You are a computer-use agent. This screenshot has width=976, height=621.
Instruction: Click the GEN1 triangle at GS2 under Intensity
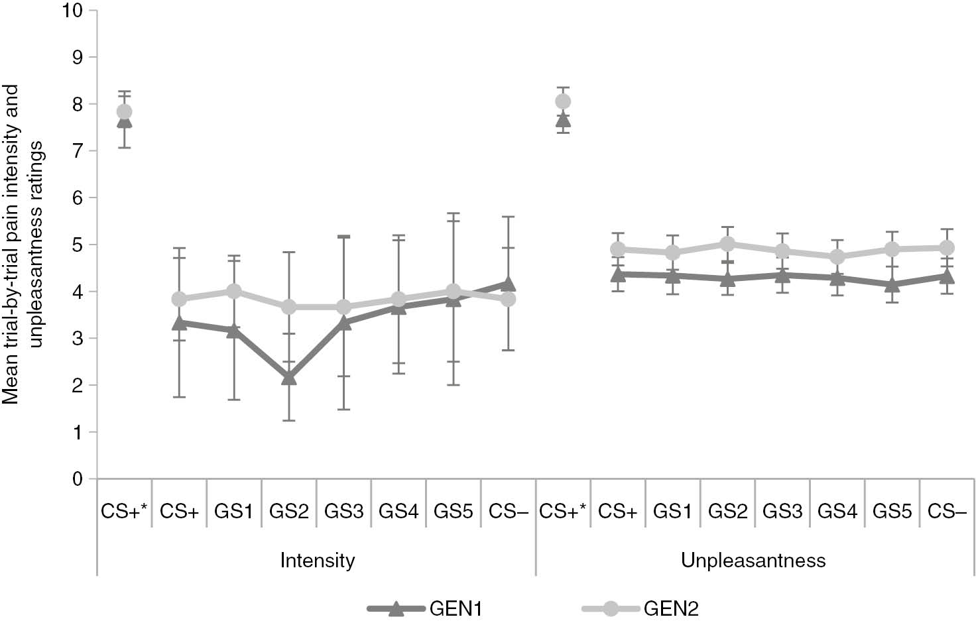click(x=289, y=378)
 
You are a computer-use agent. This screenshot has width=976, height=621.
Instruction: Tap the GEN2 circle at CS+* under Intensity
click(x=124, y=111)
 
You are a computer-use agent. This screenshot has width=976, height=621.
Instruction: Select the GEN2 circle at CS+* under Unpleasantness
click(x=563, y=101)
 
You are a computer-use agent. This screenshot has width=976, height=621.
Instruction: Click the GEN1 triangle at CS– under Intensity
click(x=509, y=284)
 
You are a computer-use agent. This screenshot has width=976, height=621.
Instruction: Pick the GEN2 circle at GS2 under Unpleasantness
click(x=728, y=244)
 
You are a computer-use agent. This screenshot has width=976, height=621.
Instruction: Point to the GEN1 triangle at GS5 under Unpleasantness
click(x=892, y=285)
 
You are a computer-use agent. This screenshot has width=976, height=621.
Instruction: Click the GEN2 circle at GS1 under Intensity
click(x=233, y=292)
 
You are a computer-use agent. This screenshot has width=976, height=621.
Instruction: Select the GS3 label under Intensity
click(x=343, y=512)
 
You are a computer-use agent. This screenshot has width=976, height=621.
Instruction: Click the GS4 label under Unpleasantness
click(x=837, y=512)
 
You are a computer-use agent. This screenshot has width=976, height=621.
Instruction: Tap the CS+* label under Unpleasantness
click(x=563, y=512)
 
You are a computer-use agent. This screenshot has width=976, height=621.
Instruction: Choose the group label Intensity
click(x=317, y=561)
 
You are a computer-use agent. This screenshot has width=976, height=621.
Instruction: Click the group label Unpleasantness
click(x=753, y=561)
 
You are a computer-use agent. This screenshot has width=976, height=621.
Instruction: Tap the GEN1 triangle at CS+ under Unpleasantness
click(x=618, y=274)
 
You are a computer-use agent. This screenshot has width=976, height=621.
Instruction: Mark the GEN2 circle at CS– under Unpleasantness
click(x=947, y=248)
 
